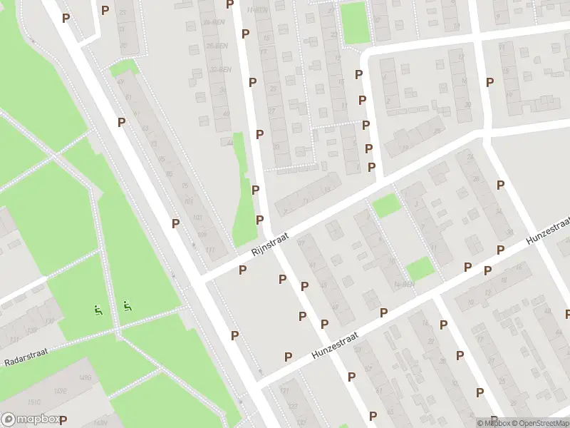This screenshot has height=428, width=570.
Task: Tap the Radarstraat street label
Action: (x=25, y=361)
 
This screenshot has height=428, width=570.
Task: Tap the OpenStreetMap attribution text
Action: (x=539, y=423)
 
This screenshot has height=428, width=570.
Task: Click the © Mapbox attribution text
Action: (x=494, y=423)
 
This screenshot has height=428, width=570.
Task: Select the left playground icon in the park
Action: (x=97, y=310)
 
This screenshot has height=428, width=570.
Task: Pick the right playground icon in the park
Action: (x=127, y=306)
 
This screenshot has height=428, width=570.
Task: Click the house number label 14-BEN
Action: (x=405, y=284)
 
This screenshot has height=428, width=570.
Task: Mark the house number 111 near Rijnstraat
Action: (x=209, y=249)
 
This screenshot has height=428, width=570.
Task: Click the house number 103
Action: (x=197, y=217)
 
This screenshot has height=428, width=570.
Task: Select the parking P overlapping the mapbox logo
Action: (x=63, y=419)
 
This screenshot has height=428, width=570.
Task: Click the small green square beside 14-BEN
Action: (x=419, y=268)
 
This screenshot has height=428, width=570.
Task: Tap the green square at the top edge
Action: (x=353, y=21)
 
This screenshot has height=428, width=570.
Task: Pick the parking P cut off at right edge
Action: (x=567, y=313)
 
